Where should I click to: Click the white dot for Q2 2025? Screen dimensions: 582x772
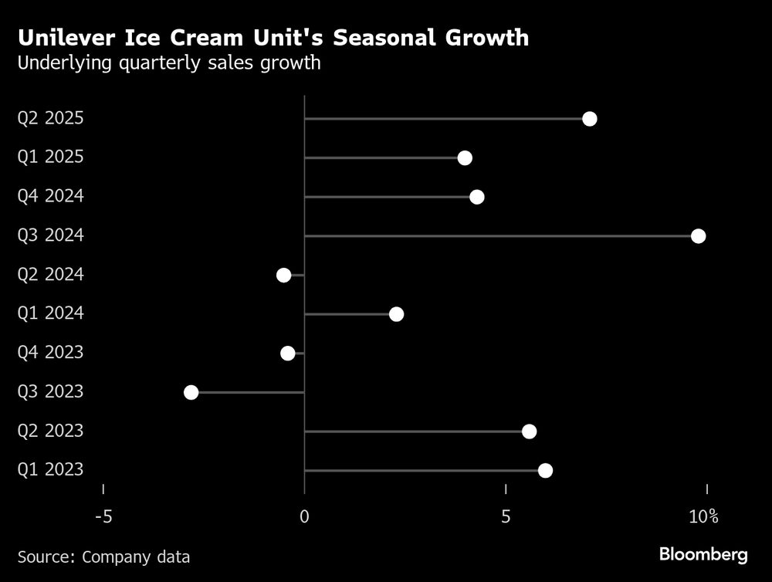[x=590, y=118]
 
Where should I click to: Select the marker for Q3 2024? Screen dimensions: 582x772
[x=698, y=235]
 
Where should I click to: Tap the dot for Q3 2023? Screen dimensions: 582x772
[x=191, y=392]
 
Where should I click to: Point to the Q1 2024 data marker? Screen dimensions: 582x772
[x=396, y=314]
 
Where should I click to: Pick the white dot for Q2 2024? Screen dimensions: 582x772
[x=283, y=275]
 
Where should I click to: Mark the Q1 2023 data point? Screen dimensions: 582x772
[x=545, y=471]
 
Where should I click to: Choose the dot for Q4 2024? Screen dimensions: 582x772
[x=476, y=197]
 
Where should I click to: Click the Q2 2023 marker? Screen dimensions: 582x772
[x=529, y=431]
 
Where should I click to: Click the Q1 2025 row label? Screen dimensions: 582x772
[x=50, y=157]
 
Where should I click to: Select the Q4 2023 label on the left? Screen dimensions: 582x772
[x=50, y=353]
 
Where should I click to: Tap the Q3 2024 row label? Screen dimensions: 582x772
[x=50, y=235]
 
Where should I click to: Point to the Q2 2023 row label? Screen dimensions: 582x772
[x=50, y=431]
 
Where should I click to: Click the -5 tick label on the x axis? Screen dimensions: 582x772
[x=103, y=516]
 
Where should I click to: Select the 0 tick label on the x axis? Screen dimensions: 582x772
[x=305, y=516]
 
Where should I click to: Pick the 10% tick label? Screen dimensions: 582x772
[x=703, y=516]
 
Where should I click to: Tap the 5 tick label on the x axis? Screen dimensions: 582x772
[x=506, y=516]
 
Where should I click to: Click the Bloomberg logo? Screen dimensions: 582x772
[x=703, y=554]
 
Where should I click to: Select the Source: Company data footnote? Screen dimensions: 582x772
[x=103, y=556]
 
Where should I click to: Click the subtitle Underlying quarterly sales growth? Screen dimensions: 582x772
[x=169, y=63]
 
